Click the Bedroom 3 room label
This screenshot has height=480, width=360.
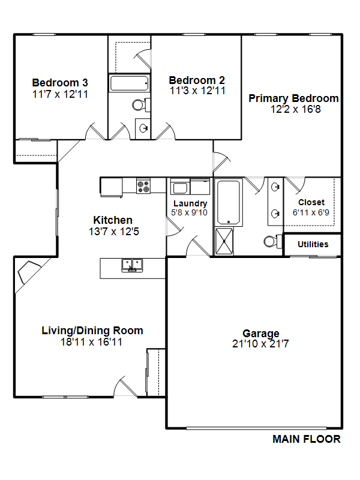pos(60,83)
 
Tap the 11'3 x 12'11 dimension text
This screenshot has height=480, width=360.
pos(198,91)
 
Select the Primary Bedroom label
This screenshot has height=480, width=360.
pos(293,98)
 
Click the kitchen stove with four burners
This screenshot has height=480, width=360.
pos(143,186)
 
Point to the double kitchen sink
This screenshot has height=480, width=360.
pos(132,265)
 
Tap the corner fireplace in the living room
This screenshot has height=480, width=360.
pos(29,272)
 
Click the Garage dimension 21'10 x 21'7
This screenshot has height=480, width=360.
pos(260,344)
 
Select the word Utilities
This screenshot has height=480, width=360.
pos(313,244)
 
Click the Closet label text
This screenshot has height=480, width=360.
pos(311,202)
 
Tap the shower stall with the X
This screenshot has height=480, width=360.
pos(224,241)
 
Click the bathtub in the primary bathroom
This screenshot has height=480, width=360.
pos(229,202)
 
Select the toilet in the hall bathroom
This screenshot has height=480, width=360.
pos(141,105)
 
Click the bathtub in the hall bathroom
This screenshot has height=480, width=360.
pos(129,83)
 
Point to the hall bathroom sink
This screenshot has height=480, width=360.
pos(143,128)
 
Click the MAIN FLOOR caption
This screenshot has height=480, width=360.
pos(307,439)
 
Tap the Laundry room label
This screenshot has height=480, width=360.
pos(190,203)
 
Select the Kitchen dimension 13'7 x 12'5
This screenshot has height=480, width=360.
pos(114,232)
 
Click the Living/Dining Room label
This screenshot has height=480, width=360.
pos(92,331)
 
